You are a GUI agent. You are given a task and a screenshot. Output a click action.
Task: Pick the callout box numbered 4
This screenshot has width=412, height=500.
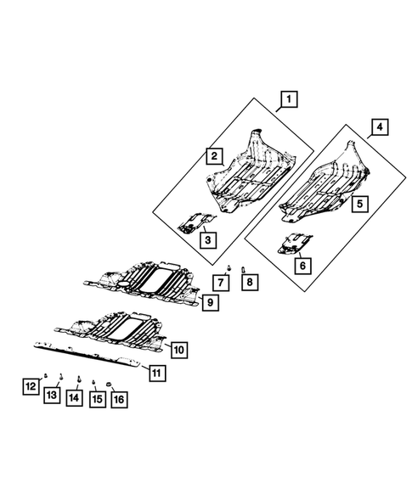click(x=378, y=129)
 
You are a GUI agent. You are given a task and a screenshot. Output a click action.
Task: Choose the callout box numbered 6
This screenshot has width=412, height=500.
click(x=301, y=264)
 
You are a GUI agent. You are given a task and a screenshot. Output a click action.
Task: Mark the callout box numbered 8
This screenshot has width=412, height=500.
click(x=249, y=282)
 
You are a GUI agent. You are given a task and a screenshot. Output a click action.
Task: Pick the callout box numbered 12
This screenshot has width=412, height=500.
click(x=30, y=387)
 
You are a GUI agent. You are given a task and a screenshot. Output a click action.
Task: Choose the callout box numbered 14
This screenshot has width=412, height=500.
click(x=75, y=396)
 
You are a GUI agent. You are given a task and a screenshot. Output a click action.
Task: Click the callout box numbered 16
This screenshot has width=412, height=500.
click(x=119, y=396)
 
